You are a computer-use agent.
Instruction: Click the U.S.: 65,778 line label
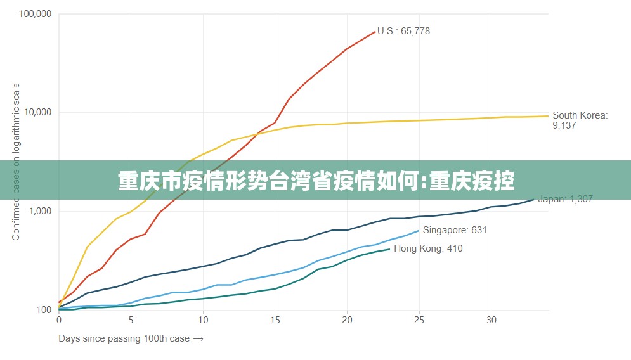403,31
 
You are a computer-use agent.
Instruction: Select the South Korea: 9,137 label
580,120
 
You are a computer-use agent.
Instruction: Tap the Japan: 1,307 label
565,199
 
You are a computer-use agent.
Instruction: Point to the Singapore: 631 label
455,230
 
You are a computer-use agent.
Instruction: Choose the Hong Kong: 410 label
428,248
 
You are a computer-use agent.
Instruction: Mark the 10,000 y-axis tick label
37,112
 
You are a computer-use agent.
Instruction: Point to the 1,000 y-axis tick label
39,211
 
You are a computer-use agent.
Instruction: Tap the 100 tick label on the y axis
44,310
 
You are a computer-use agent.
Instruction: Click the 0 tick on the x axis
59,320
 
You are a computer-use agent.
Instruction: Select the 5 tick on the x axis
131,320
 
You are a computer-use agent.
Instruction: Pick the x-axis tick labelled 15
275,320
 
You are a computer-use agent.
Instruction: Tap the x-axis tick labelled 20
347,320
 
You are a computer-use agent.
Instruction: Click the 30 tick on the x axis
491,320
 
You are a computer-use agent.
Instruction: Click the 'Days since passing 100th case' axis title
131,338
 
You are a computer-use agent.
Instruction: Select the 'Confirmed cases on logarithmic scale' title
16,162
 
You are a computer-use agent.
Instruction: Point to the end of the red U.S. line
375,32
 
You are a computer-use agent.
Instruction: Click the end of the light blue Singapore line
419,231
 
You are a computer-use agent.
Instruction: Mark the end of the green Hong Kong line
389,249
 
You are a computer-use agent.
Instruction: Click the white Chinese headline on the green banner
316,181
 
